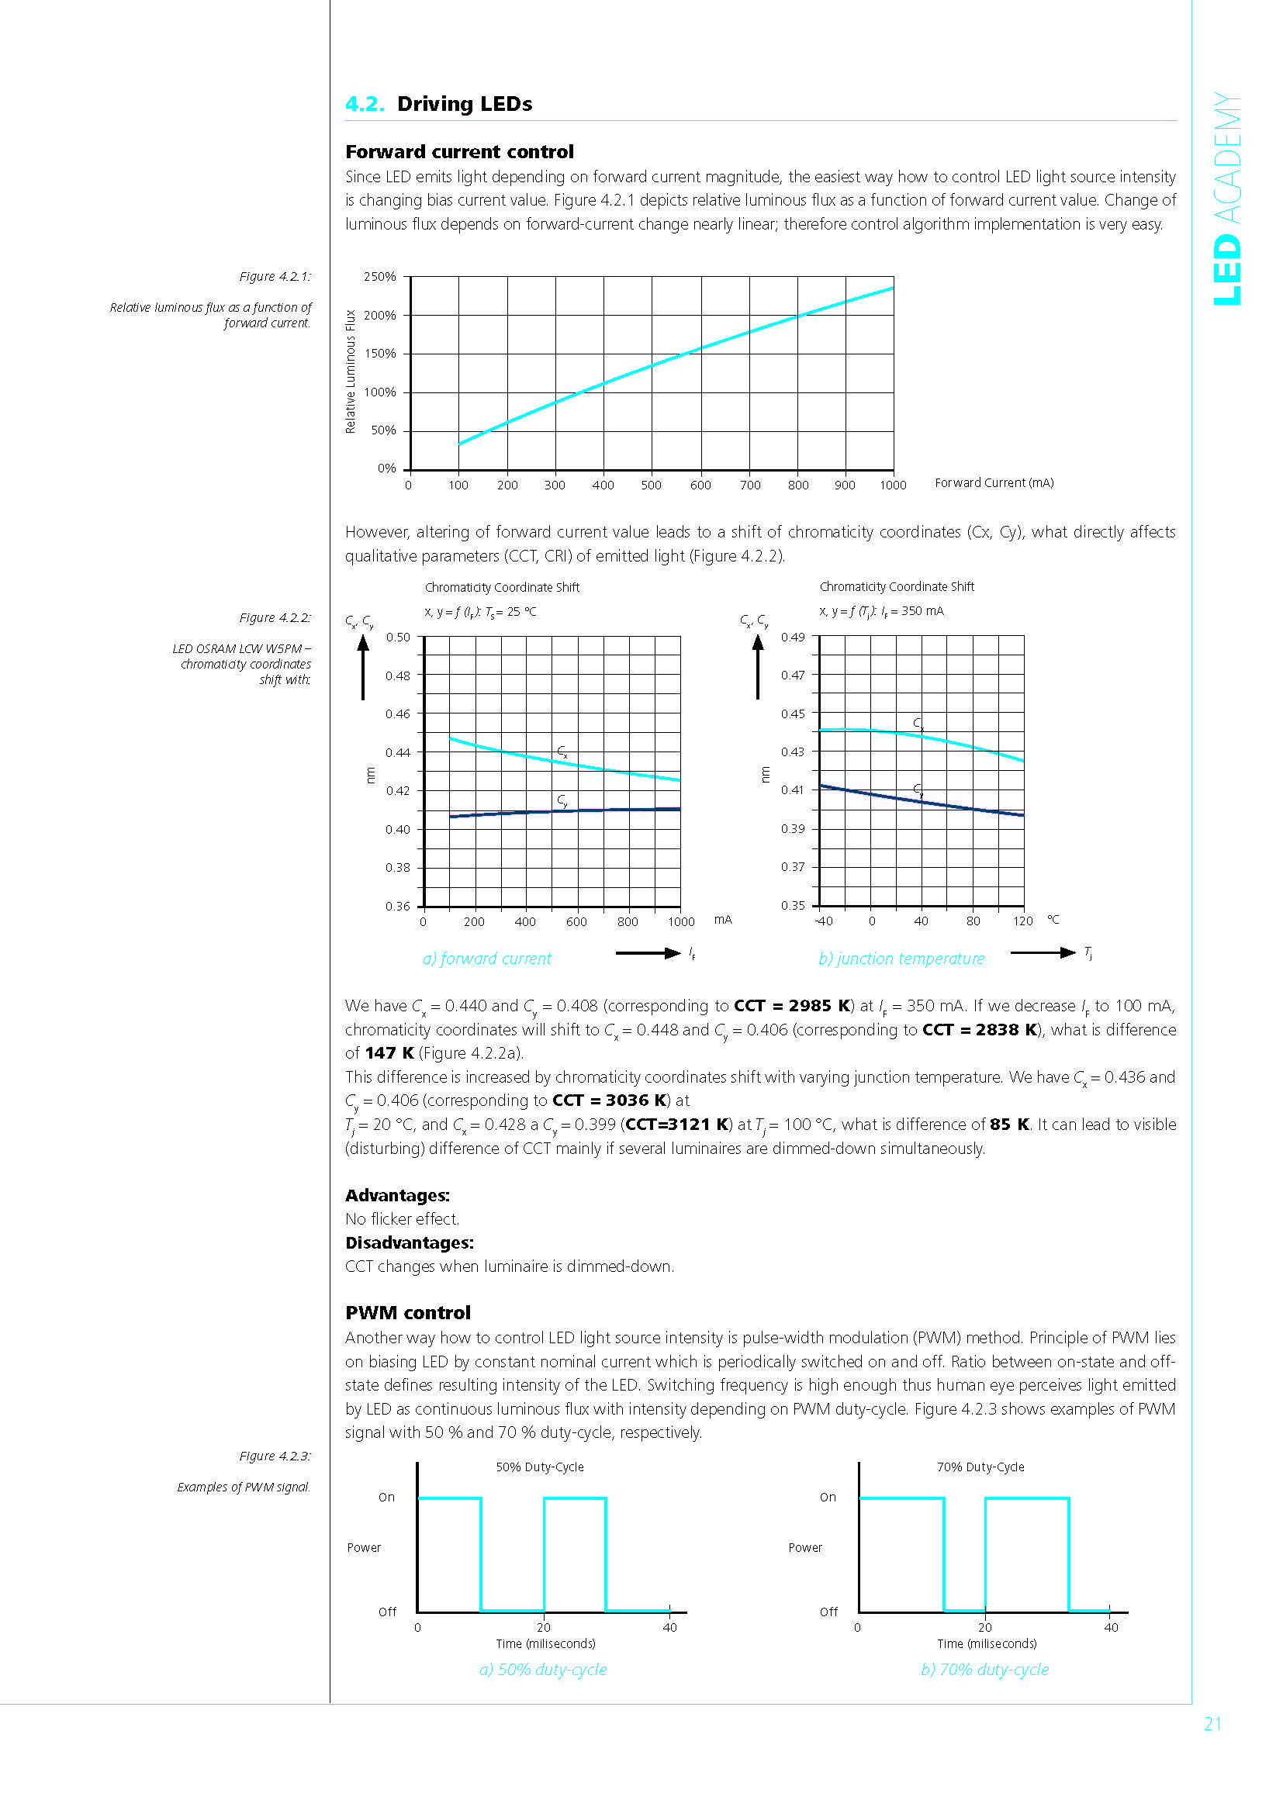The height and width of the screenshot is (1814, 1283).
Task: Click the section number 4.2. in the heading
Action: [x=365, y=104]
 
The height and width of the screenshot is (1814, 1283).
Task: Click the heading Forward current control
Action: [x=459, y=152]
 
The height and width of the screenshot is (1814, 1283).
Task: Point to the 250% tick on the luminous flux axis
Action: [x=379, y=277]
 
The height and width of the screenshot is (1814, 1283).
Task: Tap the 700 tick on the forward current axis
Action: [x=750, y=485]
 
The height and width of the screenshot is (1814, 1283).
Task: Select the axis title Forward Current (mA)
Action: [x=994, y=482]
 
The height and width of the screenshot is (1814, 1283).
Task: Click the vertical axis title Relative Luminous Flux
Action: [x=351, y=371]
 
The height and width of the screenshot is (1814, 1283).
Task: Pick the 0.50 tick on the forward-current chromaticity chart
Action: [x=397, y=637]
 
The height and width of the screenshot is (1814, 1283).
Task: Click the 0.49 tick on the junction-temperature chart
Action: [x=793, y=637]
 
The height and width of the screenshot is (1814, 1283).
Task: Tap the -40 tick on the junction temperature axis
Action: [x=823, y=921]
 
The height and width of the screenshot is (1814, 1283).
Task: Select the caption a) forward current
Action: [x=486, y=959]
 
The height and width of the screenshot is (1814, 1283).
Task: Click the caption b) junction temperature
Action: [x=901, y=959]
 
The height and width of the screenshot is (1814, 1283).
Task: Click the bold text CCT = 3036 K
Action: [x=610, y=1100]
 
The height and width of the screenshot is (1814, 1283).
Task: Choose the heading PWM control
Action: [x=408, y=1312]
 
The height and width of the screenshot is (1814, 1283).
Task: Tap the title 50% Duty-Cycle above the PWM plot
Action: [x=540, y=1467]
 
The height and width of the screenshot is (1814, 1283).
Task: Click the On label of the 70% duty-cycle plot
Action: [x=827, y=1497]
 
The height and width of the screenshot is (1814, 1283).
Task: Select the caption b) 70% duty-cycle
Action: [x=984, y=1670]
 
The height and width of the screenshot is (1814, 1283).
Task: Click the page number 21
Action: [x=1212, y=1724]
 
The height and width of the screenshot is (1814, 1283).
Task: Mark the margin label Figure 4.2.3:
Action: [x=275, y=1456]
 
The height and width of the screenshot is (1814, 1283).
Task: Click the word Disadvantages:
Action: [x=410, y=1242]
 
